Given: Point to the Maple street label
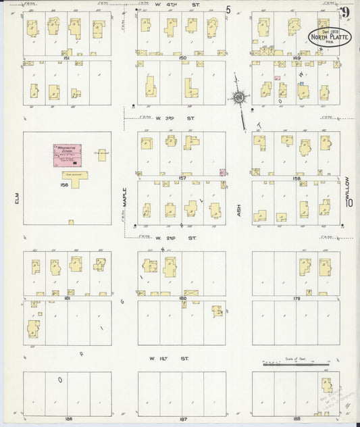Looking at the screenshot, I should click(124, 196).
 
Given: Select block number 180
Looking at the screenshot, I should click(182, 298).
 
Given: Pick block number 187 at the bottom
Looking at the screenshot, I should click(182, 418).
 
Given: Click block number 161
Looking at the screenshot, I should click(67, 59).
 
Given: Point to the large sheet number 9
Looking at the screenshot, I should click(345, 11).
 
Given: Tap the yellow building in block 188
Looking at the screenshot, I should click(327, 386).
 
